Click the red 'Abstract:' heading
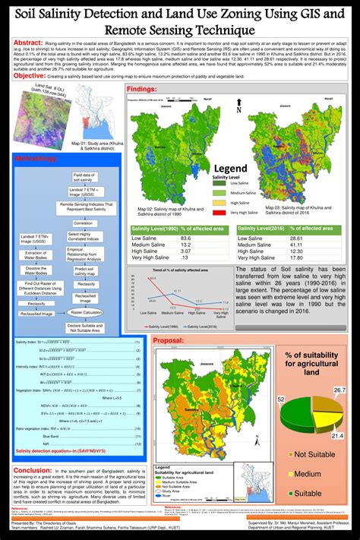point(29,44)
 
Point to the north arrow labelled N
point(238,109)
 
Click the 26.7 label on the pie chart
point(339,390)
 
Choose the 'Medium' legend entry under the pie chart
point(318,473)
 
